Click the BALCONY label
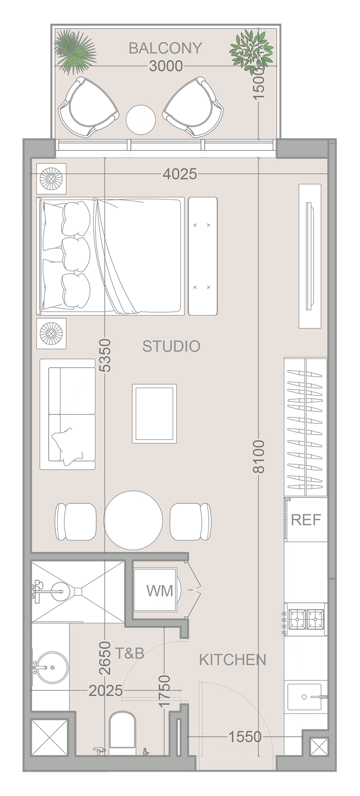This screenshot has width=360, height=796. pos(165,48)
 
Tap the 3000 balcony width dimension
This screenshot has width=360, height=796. pos(165,66)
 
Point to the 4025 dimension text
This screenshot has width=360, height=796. pos(180,174)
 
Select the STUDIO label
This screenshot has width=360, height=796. pos(171,346)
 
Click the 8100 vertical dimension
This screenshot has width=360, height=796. pos(258,456)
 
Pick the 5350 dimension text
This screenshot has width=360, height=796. pos(105,355)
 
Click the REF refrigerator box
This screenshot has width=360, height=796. pos(306,519)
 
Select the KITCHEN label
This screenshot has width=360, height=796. pos(232,660)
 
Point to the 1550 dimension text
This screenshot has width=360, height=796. pos(245,737)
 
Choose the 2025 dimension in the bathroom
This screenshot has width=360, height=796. pos(106,690)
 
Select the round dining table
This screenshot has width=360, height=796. pos(133,520)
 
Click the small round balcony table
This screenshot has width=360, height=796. pos(141,119)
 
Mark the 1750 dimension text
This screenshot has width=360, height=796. pos(164,691)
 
